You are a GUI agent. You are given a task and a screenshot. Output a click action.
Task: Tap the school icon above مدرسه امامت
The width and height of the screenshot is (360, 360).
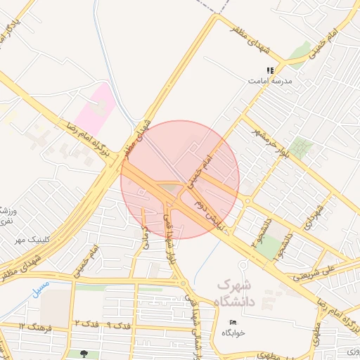tap(270, 70)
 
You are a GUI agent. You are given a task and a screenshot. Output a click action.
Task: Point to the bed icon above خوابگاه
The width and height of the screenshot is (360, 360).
tap(233, 323)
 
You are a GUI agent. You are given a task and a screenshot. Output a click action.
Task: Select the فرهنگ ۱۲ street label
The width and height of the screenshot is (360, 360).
tap(32, 327)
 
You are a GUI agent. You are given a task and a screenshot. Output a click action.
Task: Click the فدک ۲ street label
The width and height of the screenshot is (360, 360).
tap(86, 323)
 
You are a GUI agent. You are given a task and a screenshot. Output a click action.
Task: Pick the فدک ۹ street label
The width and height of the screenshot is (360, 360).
tap(117, 326)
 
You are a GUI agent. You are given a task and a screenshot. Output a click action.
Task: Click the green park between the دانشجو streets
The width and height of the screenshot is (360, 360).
tap(267, 247)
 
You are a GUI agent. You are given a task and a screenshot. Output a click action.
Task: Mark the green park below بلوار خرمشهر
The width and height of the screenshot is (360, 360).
tap(301, 148)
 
